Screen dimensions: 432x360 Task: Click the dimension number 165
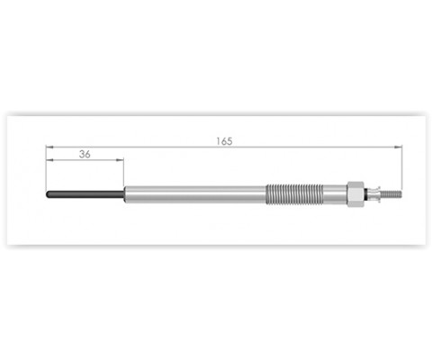pos(224,141)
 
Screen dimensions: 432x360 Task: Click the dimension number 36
pos(85,154)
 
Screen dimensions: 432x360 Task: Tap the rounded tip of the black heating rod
pos(47,194)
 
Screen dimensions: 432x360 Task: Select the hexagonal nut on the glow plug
pos(355,194)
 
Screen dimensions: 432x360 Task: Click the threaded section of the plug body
pos(295,194)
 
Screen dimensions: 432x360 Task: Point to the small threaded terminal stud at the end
pos(391,194)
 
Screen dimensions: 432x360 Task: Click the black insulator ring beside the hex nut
pos(365,194)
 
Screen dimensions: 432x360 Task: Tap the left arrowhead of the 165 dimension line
pos(49,147)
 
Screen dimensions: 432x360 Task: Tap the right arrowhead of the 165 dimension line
pos(398,147)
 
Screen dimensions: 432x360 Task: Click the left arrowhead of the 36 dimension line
pos(49,160)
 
